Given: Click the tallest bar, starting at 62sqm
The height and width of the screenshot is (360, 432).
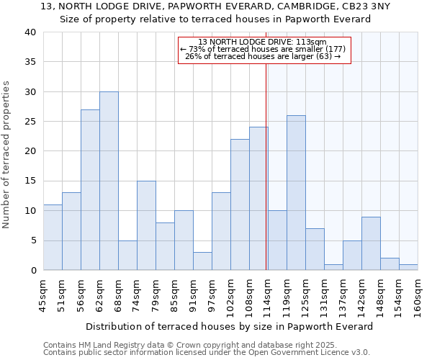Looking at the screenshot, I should pyautogui.click(x=109, y=181).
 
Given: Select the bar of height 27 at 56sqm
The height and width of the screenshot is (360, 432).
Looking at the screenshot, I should pyautogui.click(x=90, y=189).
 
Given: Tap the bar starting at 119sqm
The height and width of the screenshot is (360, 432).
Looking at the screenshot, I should pyautogui.click(x=296, y=192).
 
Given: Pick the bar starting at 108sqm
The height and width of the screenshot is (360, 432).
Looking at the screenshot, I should pyautogui.click(x=258, y=198).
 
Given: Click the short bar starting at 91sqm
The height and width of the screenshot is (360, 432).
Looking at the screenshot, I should pyautogui.click(x=202, y=261).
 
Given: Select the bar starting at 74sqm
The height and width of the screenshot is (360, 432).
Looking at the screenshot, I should pyautogui.click(x=146, y=225).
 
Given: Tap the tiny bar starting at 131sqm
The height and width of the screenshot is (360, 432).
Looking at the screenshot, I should pyautogui.click(x=333, y=267).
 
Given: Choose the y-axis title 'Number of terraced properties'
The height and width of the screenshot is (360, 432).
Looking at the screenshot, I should pyautogui.click(x=6, y=155).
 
